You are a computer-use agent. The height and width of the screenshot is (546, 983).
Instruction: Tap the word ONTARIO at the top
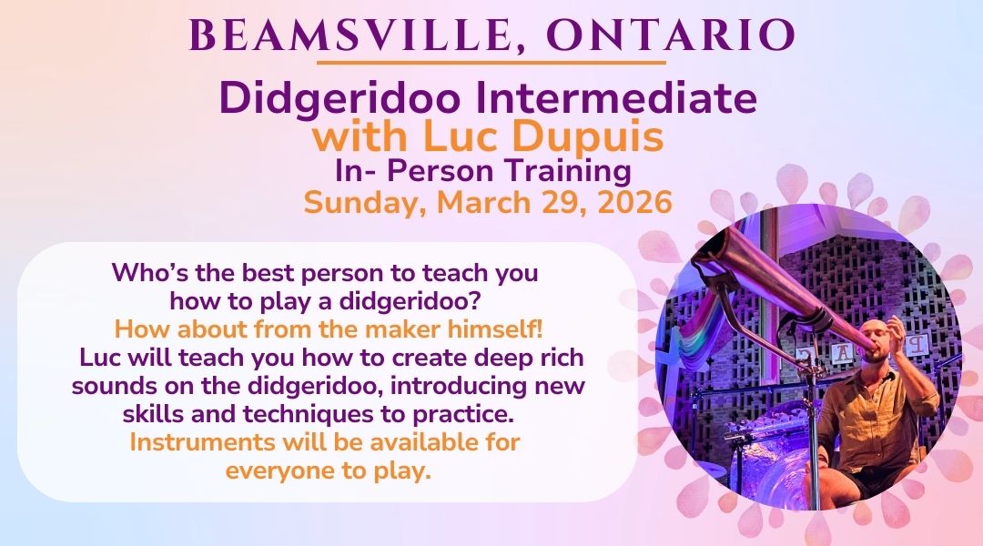pos(671,35)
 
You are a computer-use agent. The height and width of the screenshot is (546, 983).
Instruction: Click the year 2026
pos(634,203)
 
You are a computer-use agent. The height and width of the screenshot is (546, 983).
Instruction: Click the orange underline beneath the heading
pos(491,63)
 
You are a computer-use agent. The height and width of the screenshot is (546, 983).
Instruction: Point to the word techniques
pos(324,414)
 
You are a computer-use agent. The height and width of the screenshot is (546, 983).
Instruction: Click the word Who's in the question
pos(150,273)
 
